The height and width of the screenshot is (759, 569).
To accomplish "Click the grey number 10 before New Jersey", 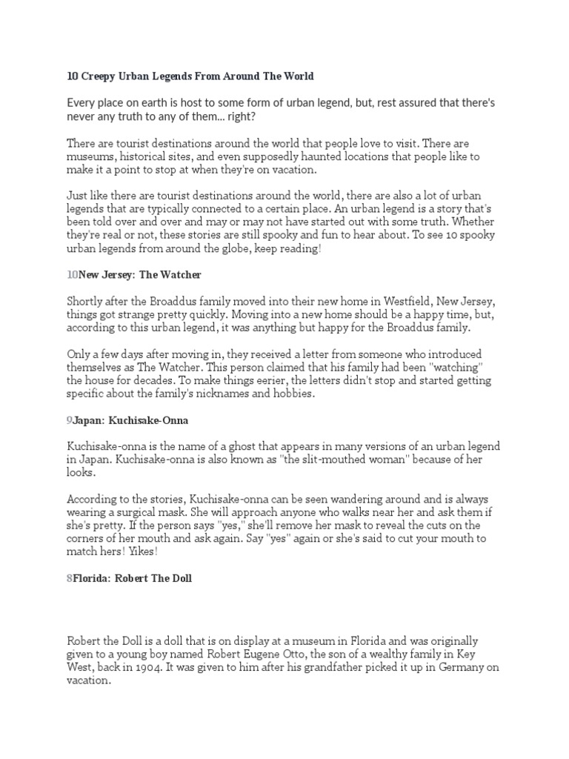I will pyautogui.click(x=73, y=274).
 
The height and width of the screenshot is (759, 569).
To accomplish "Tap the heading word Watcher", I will pyautogui.click(x=181, y=274).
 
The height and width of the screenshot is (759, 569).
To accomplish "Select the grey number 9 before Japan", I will pyautogui.click(x=70, y=420).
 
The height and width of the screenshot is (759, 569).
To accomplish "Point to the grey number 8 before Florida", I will pyautogui.click(x=70, y=578).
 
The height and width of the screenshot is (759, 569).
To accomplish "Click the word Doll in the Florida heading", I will pyautogui.click(x=179, y=578).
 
